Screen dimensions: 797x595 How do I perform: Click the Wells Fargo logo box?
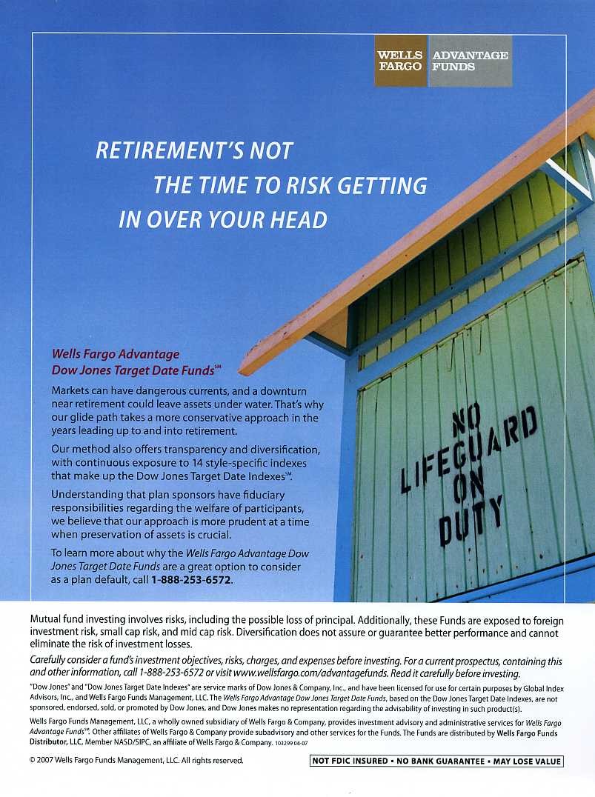400,61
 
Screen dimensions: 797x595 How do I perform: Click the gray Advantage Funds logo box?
470,61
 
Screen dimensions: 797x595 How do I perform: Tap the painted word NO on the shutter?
466,418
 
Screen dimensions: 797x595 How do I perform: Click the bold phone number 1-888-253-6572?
191,580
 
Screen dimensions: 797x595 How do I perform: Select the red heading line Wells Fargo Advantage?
115,354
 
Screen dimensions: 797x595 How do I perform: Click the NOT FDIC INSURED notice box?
436,761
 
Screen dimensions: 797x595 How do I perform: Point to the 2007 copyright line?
136,760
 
